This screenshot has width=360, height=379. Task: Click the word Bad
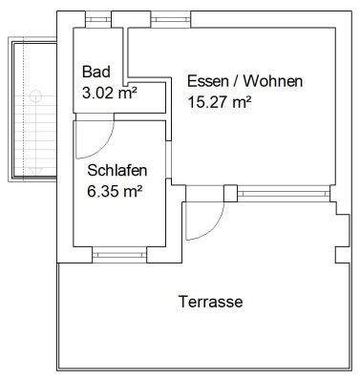click(x=95, y=73)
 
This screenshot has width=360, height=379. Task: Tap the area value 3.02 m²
click(x=110, y=94)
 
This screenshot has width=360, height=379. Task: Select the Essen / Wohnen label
click(x=244, y=82)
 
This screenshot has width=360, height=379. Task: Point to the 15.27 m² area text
click(x=220, y=102)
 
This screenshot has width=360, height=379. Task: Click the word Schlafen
click(x=116, y=172)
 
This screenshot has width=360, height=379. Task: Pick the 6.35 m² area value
click(x=115, y=192)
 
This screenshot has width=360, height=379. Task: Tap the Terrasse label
click(x=210, y=303)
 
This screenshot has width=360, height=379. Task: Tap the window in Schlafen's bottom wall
click(x=115, y=253)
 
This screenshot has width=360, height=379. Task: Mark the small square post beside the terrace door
click(x=229, y=194)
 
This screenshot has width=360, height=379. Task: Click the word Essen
click(x=207, y=82)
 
